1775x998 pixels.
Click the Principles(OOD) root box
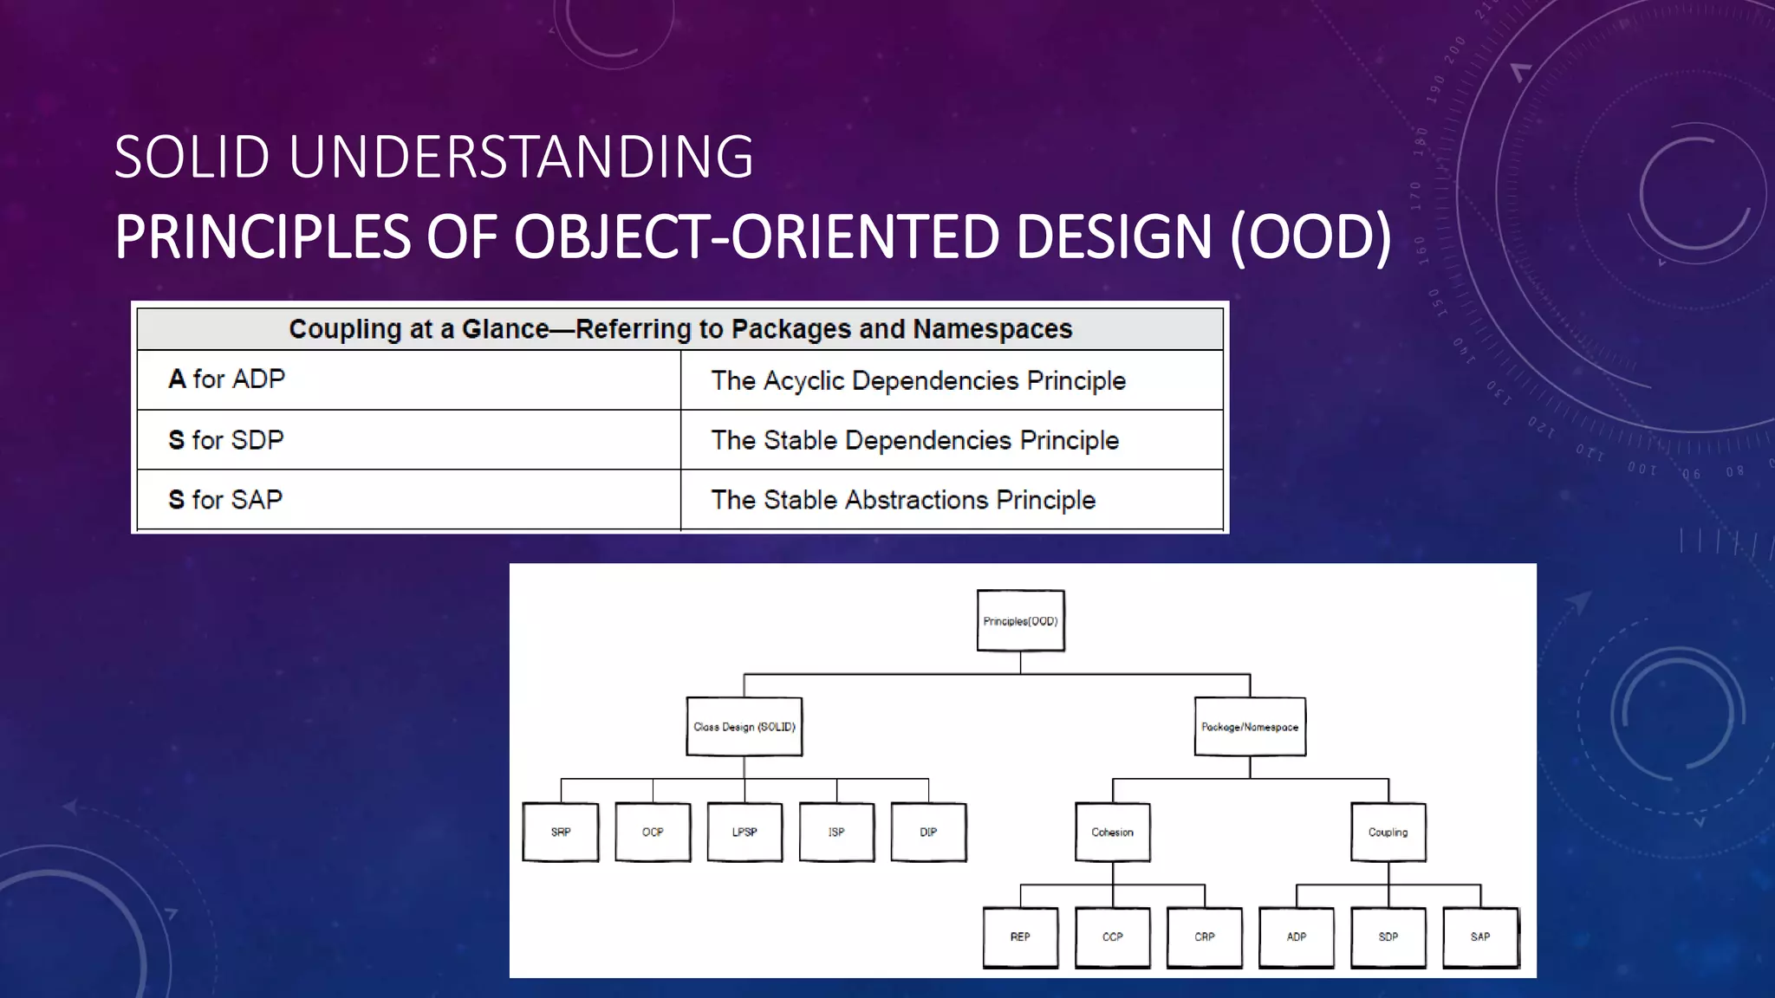(1020, 620)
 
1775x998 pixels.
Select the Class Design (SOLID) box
(744, 727)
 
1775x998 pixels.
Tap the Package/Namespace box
(1249, 727)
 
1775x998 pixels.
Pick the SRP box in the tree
(560, 832)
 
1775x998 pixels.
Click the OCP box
(652, 832)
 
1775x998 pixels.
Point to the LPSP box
(744, 832)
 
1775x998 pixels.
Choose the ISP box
(835, 832)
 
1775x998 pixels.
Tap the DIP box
(927, 832)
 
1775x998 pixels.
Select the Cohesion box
(1112, 832)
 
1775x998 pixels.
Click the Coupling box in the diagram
(1388, 832)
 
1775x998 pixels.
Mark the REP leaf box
(1020, 936)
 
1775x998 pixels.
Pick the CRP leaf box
(1204, 936)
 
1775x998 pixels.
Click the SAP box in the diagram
(1479, 936)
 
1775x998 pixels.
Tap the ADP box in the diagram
(1296, 936)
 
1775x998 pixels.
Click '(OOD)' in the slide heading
(1310, 237)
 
